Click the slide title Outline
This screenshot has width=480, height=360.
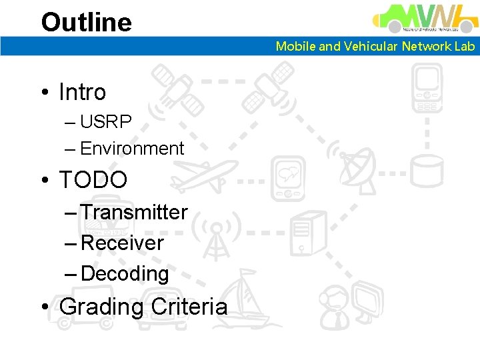pyautogui.click(x=87, y=22)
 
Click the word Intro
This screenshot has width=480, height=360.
pyautogui.click(x=82, y=92)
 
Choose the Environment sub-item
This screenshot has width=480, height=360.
pyautogui.click(x=131, y=149)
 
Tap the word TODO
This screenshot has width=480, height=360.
pyautogui.click(x=93, y=179)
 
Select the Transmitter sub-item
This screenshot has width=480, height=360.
pyautogui.click(x=134, y=212)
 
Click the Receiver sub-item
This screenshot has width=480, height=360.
pyautogui.click(x=122, y=243)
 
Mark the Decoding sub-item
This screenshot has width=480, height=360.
pyautogui.click(x=125, y=273)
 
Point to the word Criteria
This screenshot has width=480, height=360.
pyautogui.click(x=189, y=307)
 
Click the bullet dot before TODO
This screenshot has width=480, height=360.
pyautogui.click(x=45, y=180)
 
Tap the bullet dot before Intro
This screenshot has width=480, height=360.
pyautogui.click(x=45, y=93)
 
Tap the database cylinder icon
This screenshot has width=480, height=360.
pyautogui.click(x=426, y=171)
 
